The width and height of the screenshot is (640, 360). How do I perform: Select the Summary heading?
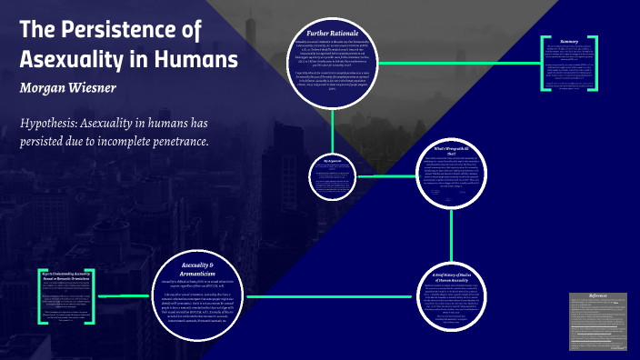coord(570,42)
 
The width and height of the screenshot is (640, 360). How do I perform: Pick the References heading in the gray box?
coord(598,296)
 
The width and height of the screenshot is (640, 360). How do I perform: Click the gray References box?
coord(598,322)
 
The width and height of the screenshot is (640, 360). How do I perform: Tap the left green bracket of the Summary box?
coord(545,64)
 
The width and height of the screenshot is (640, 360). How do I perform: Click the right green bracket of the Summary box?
coord(595,64)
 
